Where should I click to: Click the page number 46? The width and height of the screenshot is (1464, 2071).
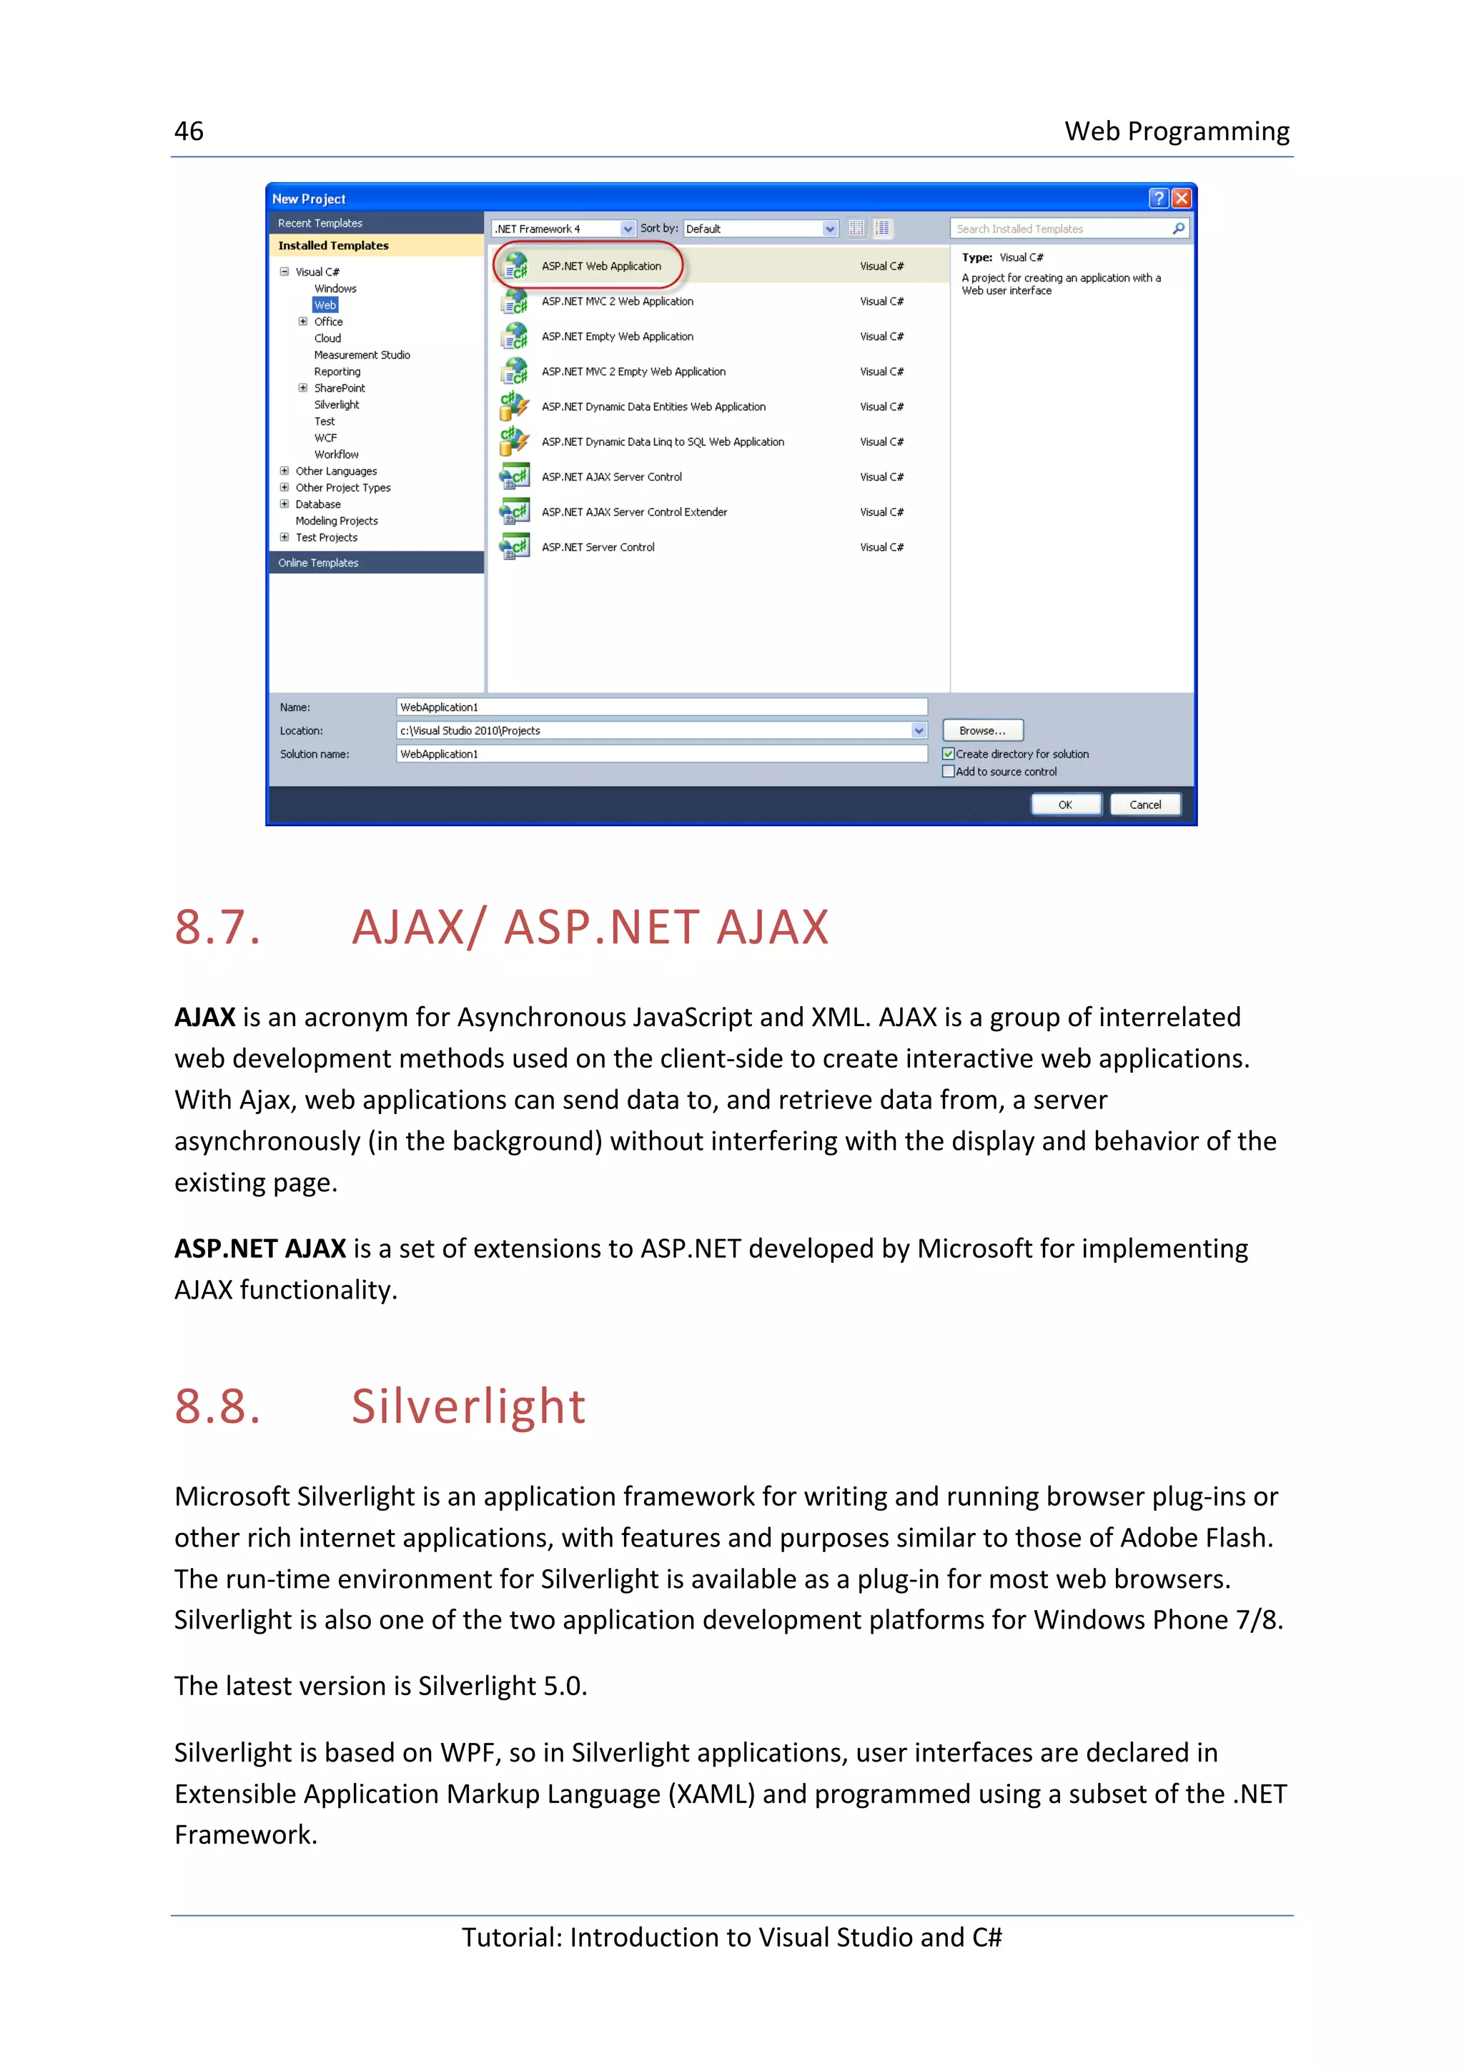pos(189,131)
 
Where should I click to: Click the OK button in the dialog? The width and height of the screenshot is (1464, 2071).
pos(1064,805)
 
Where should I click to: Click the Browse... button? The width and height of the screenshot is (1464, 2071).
pos(981,730)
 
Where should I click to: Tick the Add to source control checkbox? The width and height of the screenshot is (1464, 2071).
pos(948,771)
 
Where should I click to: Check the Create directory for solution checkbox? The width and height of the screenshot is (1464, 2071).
pos(948,754)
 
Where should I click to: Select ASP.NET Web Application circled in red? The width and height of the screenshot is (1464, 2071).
pos(600,266)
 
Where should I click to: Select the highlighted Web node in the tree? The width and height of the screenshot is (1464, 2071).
pos(325,305)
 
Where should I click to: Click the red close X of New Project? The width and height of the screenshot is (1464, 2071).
pos(1181,199)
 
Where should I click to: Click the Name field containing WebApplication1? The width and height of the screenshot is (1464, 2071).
pos(661,707)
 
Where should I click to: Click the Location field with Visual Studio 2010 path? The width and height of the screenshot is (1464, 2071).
pos(653,730)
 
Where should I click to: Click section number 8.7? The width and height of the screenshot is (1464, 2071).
pos(217,928)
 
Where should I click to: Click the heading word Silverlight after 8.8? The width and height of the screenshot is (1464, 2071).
pos(468,1406)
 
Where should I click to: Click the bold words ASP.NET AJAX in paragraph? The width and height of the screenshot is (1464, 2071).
pos(259,1248)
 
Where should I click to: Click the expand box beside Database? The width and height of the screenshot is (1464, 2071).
pos(284,505)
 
